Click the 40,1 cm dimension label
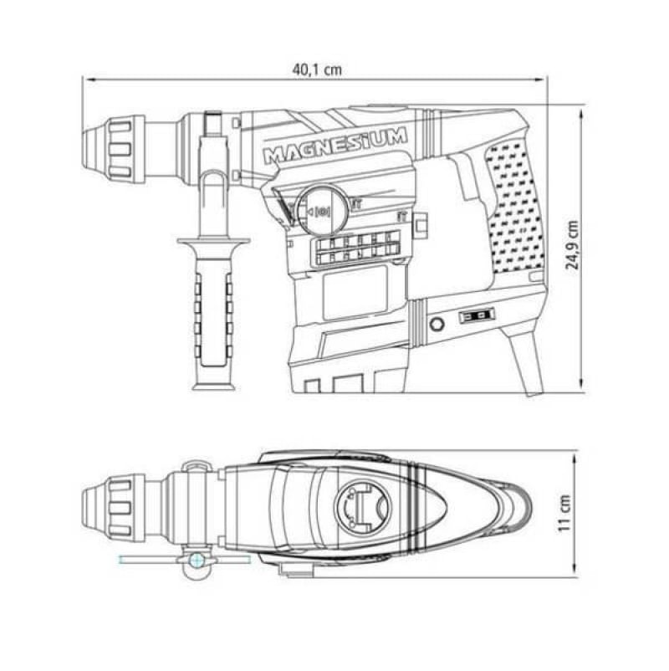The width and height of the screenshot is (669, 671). (317, 69)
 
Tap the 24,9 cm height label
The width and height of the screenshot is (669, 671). (572, 245)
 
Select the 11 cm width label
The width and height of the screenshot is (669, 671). (564, 513)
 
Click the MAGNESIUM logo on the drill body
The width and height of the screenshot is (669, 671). (335, 146)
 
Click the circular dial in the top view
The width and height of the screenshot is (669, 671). (363, 506)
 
